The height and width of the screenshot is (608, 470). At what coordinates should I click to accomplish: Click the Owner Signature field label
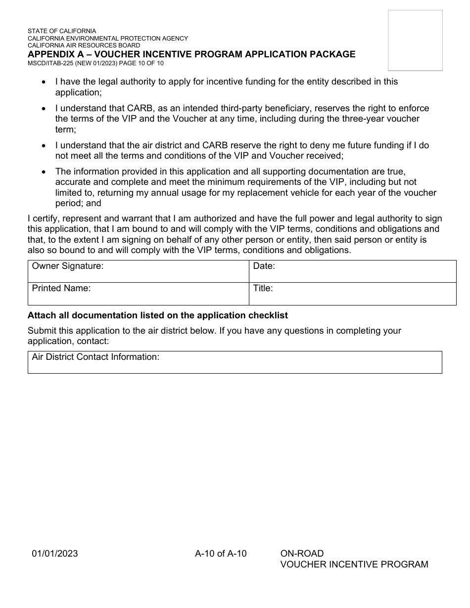[68, 266]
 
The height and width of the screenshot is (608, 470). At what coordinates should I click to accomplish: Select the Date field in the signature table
[352, 271]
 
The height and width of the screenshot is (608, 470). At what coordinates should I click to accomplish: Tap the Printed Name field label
[61, 288]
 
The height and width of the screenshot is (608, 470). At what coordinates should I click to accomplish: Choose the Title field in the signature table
[352, 294]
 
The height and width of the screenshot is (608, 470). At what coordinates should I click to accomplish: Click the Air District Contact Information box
[235, 362]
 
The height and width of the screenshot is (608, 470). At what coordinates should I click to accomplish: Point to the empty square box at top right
[415, 41]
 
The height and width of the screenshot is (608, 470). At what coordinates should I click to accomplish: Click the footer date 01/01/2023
[55, 554]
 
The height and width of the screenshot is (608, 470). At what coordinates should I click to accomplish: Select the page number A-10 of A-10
[221, 554]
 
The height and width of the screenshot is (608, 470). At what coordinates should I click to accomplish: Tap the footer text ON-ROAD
[302, 554]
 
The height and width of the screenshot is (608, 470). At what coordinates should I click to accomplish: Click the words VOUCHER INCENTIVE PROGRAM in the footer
[354, 565]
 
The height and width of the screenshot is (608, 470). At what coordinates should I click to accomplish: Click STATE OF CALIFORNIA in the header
[62, 31]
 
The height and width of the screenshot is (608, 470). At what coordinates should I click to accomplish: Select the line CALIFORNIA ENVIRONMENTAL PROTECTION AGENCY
[108, 38]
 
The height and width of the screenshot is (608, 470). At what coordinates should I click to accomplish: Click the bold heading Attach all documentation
[157, 315]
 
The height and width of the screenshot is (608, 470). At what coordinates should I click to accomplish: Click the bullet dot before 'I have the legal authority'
[45, 82]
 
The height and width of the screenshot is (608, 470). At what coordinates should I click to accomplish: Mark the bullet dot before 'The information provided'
[45, 172]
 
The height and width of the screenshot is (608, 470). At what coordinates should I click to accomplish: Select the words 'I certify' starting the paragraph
[44, 219]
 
